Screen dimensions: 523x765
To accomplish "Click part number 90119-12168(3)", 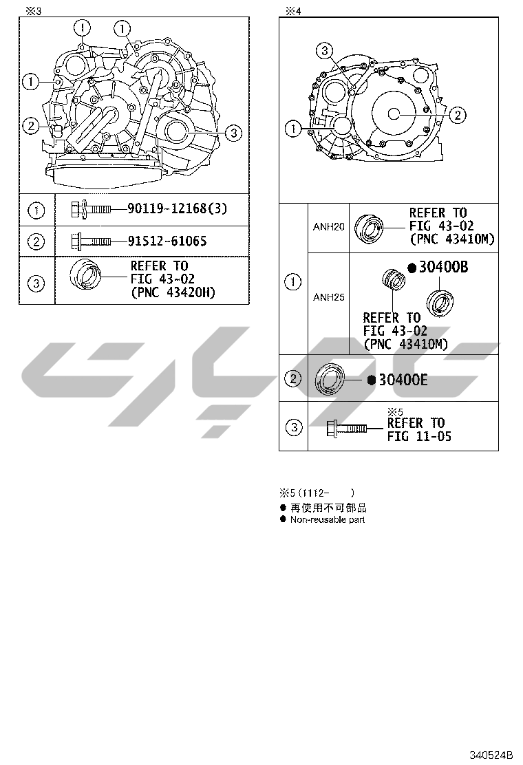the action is [177, 209].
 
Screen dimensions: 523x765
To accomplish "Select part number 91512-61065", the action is [167, 241].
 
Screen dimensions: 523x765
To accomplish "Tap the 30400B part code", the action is [443, 267].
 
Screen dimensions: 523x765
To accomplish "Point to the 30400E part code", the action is [403, 380].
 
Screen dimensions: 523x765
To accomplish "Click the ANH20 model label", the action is [328, 227].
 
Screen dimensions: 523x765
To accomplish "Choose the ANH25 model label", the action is [328, 297].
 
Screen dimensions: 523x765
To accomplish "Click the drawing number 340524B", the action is [491, 755].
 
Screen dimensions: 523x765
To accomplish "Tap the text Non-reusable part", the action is [328, 519].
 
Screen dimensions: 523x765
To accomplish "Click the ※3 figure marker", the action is [34, 11].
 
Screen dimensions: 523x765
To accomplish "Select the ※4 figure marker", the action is [293, 11].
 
